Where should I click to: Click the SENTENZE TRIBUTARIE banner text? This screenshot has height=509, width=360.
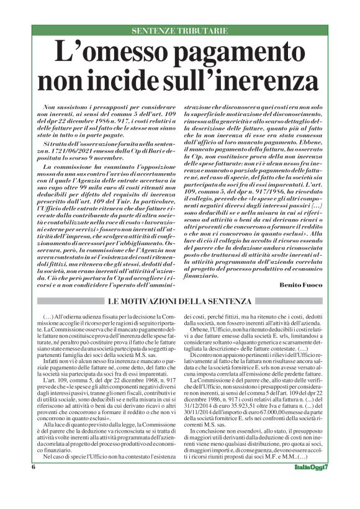click(180, 30)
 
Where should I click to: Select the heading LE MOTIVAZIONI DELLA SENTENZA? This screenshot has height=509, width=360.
click(180, 301)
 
